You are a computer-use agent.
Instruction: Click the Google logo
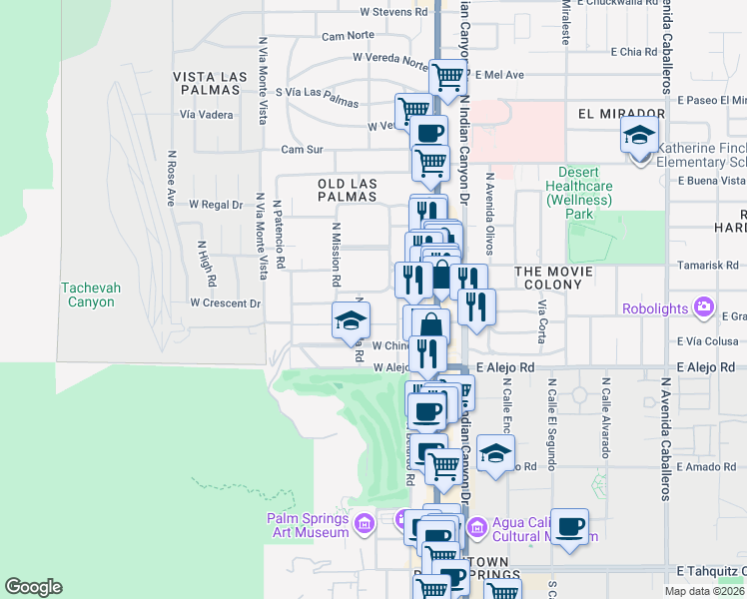tap(33, 587)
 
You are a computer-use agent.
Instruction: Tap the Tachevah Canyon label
tap(90, 295)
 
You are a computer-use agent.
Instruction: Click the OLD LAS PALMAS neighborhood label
tap(347, 191)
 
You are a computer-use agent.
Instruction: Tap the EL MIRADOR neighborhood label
tap(621, 115)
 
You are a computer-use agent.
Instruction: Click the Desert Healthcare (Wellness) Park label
tap(579, 193)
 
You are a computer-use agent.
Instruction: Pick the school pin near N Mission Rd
tap(351, 320)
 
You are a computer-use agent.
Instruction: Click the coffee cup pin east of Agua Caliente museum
tap(569, 527)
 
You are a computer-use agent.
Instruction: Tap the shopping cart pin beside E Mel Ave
tap(448, 75)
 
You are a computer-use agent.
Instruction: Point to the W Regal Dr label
tap(216, 205)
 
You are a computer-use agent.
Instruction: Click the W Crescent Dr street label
tap(225, 302)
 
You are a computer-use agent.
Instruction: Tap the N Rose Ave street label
tap(171, 179)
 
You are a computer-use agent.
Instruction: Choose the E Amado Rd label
tap(705, 467)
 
